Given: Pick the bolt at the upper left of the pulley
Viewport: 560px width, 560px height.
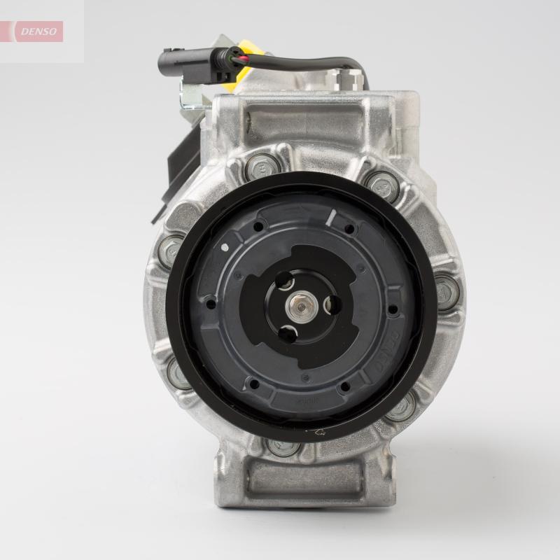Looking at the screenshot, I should (x=260, y=168).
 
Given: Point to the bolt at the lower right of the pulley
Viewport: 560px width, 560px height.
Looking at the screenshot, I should (x=401, y=408).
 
